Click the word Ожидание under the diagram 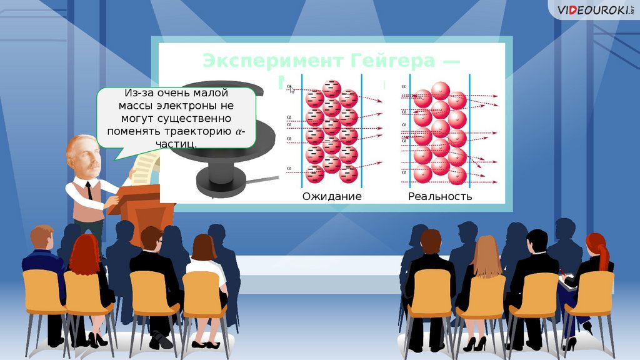coord(332,196)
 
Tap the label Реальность coord(440,196)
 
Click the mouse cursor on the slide coord(291,89)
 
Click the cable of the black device coord(262,181)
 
